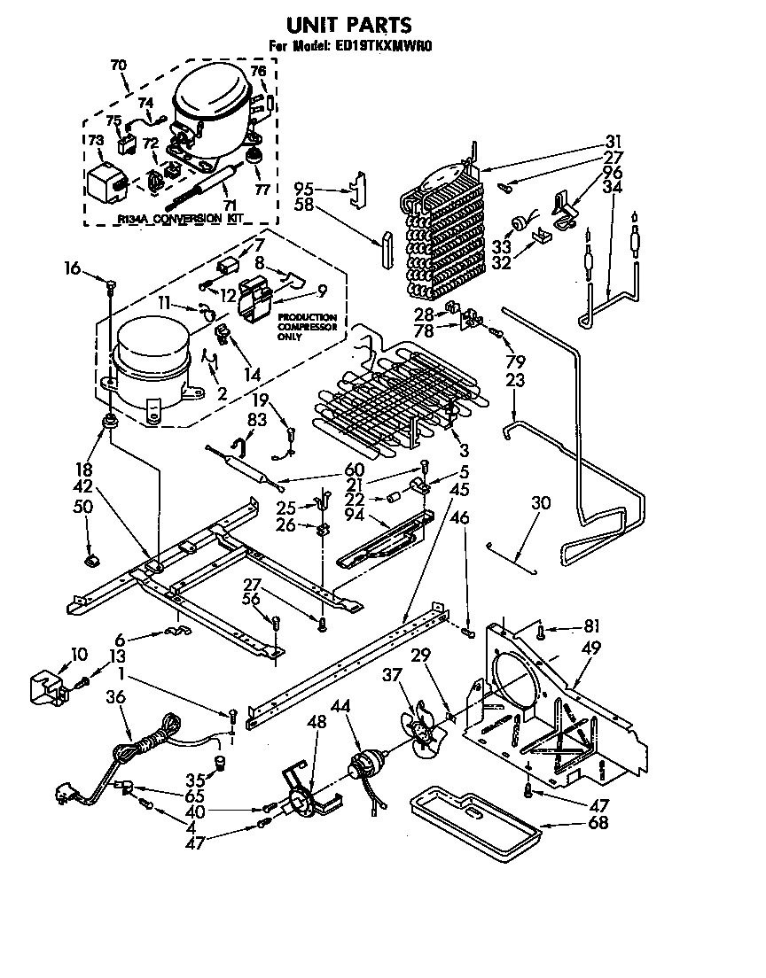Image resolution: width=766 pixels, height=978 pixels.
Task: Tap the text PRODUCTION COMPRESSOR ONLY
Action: coord(308,325)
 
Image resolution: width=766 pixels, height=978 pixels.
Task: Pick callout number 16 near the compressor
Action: coord(72,266)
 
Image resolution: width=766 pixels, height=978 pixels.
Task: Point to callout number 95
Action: coord(303,188)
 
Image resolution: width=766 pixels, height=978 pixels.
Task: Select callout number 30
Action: coord(540,503)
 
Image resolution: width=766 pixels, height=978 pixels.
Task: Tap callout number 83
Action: coord(256,421)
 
